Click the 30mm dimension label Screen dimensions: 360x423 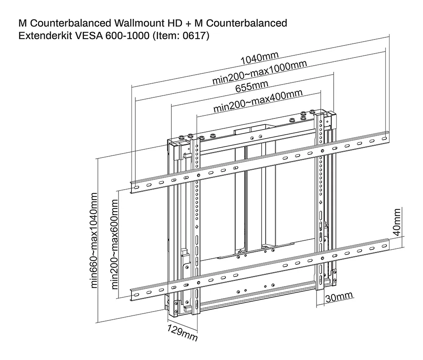339,296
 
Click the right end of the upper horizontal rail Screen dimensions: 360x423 386,137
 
